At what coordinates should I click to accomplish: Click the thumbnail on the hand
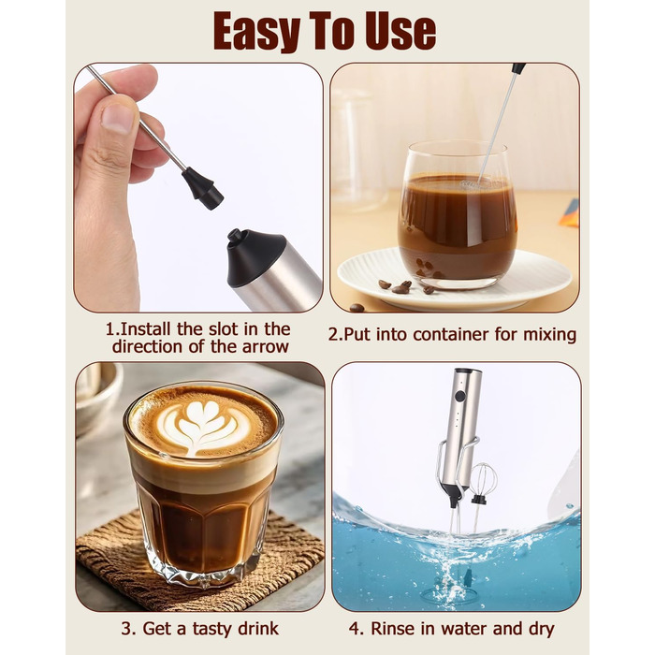pos(117,118)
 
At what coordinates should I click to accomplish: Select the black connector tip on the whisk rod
pos(203,188)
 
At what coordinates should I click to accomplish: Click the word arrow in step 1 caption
pos(266,347)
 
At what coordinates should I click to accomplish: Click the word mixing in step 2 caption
pos(550,335)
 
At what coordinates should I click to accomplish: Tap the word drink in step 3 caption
pos(258,629)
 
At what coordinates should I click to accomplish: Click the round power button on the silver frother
pos(459,396)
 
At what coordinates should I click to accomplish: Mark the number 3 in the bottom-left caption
pos(126,629)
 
